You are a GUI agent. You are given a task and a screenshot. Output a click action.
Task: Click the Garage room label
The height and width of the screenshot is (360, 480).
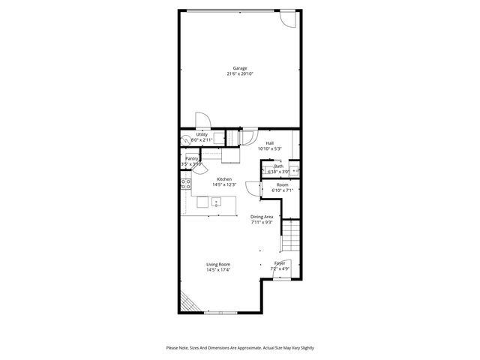pos(239,68)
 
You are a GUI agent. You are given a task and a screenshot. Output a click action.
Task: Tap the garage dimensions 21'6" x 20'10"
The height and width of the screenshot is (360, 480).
pos(239,74)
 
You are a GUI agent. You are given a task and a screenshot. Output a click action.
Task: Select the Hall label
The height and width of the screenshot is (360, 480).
pos(269,142)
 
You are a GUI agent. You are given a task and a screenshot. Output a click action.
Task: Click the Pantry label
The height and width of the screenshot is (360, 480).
pos(192,158)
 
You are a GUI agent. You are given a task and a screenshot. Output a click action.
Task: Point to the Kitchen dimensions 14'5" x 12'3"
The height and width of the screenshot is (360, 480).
pos(223,184)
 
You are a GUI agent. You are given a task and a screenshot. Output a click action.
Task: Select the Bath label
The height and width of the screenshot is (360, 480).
pos(278,166)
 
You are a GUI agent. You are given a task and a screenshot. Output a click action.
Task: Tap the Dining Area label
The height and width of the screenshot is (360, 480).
pos(262,217)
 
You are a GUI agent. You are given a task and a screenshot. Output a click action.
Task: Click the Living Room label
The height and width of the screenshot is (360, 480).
pos(218,264)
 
